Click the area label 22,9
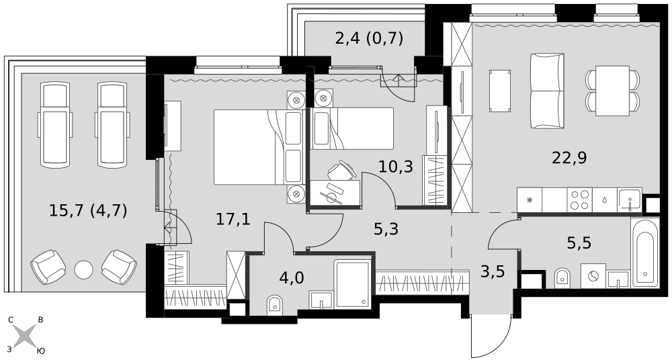coord(569,158)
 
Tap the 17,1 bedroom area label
coord(233,220)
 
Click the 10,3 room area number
coord(396,166)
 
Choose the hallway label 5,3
coord(386,229)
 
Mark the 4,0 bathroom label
coord(292,277)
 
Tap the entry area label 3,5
coord(492,271)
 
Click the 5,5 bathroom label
coord(579,243)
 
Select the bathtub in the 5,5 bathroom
coord(644,253)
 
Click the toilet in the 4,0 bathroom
coord(274,304)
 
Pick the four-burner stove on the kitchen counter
coord(579,199)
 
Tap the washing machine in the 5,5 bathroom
coord(593,276)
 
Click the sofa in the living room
coord(547,91)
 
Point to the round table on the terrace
coord(83,269)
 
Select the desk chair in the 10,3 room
coord(341,170)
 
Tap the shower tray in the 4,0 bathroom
coord(352,283)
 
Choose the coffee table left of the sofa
coord(500,91)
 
